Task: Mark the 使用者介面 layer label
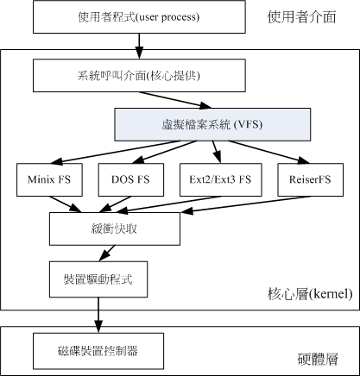click(x=302, y=16)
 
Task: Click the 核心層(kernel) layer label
click(x=309, y=295)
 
